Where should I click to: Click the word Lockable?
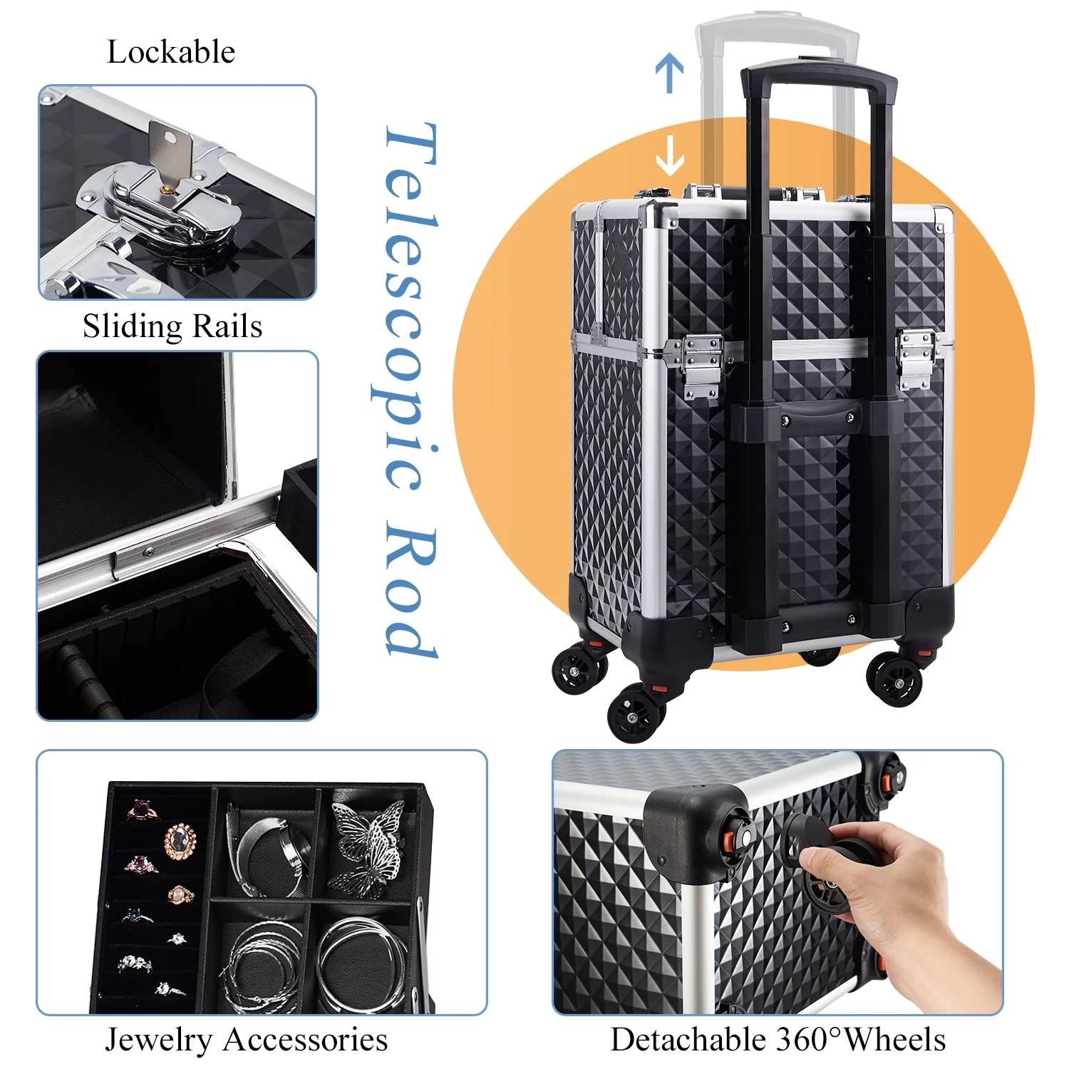[x=171, y=52]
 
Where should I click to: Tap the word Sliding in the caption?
[x=133, y=327]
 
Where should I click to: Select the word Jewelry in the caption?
[x=158, y=1040]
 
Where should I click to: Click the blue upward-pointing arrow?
[x=669, y=74]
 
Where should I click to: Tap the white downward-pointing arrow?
[x=669, y=155]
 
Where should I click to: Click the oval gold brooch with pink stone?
[x=180, y=841]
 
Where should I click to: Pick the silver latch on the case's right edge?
[x=916, y=360]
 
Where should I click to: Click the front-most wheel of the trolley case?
[x=636, y=713]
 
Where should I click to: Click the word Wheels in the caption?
[x=894, y=1039]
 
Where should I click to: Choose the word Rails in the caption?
[x=227, y=327]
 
